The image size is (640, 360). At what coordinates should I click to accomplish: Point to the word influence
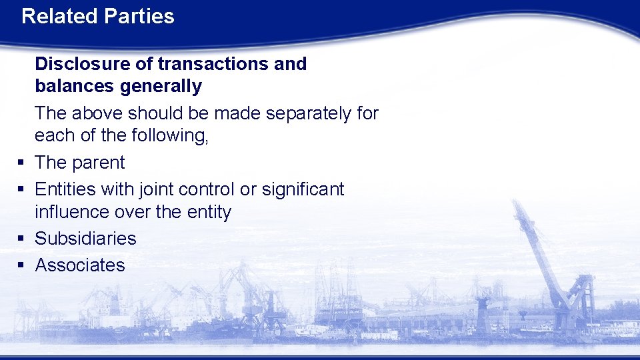click(72, 212)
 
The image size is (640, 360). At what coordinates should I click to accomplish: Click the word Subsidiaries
click(85, 239)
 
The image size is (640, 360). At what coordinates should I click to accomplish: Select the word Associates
click(80, 265)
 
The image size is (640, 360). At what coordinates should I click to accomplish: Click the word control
click(209, 189)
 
